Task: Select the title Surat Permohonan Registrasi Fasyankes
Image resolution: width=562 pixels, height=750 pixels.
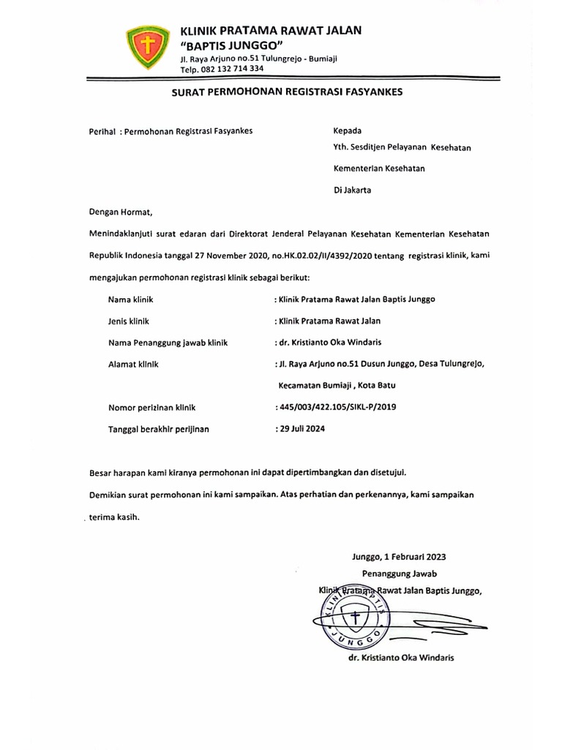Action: coord(286,93)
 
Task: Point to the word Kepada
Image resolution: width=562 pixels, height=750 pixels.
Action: coord(347,132)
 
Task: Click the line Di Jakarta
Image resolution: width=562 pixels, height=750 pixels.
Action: coord(352,190)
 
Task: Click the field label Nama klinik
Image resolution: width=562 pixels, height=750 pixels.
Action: coord(131,300)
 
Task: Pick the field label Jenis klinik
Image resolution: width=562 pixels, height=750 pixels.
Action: coord(131,321)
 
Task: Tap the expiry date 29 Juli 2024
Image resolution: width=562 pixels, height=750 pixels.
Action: coord(300,428)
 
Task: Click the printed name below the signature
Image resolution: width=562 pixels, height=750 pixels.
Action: coord(402,658)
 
